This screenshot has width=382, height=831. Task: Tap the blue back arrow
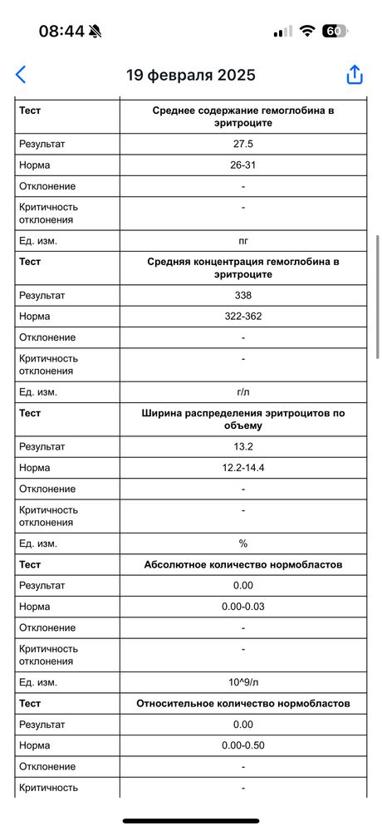[x=21, y=74]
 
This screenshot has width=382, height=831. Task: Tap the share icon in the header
[x=355, y=74]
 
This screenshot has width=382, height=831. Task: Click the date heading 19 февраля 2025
[x=190, y=75]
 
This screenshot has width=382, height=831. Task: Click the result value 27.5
[x=242, y=144]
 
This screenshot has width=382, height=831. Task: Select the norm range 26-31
[x=242, y=165]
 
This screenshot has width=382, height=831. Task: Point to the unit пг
[x=242, y=241]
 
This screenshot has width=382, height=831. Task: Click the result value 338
[x=242, y=295]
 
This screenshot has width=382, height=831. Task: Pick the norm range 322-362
[x=242, y=317]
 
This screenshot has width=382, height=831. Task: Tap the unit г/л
[x=242, y=392]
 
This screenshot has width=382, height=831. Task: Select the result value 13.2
[x=242, y=446]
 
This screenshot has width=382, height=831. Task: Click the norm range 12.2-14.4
[x=242, y=468]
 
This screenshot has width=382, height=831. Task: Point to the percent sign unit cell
[x=242, y=543]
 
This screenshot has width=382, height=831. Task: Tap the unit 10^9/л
[x=242, y=682]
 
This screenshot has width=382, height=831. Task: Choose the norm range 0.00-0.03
[x=242, y=607]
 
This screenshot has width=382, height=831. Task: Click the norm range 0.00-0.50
[x=242, y=745]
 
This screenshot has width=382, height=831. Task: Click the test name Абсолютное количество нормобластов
[x=242, y=564]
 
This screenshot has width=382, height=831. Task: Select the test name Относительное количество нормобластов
[x=242, y=703]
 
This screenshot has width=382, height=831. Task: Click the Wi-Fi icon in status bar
[x=307, y=31]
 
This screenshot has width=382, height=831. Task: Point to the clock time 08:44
[x=61, y=31]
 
